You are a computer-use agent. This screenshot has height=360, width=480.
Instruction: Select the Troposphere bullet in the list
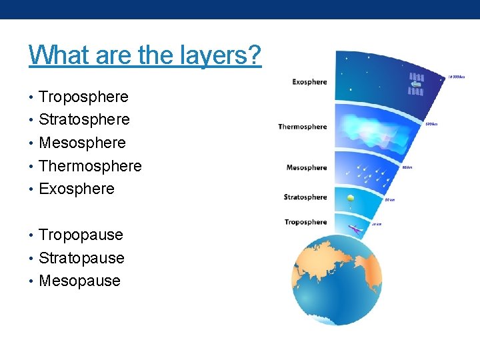tap(83, 97)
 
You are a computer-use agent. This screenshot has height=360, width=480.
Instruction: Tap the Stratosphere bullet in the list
tap(84, 120)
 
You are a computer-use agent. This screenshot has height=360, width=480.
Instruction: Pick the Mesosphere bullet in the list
tap(82, 143)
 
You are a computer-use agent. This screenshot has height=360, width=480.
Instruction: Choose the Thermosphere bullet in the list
tap(90, 166)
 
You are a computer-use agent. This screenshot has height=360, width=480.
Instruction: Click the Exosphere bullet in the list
tap(77, 189)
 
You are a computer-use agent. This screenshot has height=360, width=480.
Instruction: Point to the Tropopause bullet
tap(81, 235)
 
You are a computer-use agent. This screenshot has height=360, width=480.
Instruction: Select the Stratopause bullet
tap(81, 258)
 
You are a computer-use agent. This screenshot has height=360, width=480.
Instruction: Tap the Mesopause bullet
tap(79, 281)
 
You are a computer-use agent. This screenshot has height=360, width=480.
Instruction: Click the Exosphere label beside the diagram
tap(309, 82)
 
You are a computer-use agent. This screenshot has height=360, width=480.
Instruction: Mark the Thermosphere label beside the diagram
tap(303, 127)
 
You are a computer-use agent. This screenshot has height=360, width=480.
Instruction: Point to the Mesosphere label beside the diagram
tap(307, 167)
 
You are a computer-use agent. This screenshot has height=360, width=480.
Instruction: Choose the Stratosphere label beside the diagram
tap(305, 197)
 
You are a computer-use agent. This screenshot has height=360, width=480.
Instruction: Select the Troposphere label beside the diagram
tap(305, 222)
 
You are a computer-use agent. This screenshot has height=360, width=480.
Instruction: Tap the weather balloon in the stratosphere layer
tap(351, 198)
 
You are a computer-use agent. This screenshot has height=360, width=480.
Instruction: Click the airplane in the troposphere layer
tap(355, 230)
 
